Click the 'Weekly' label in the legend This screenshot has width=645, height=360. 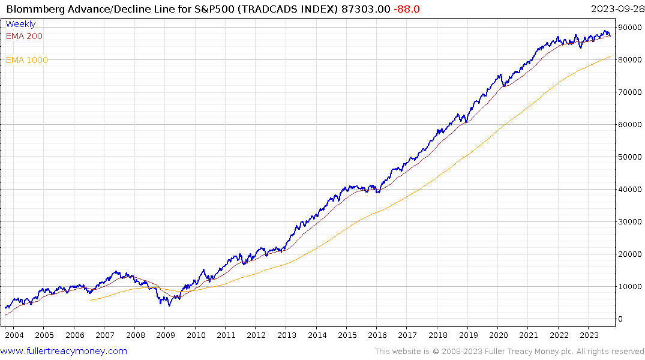[x=20, y=24]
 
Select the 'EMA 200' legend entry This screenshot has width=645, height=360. [x=24, y=36]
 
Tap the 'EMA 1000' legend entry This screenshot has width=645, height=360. [x=26, y=60]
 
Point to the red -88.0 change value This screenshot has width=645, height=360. [x=407, y=9]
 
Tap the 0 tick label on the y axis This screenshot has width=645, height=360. [x=620, y=319]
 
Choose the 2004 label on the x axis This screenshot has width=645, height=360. [x=14, y=335]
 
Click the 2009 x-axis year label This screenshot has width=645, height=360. [x=165, y=335]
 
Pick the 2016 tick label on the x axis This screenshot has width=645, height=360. [x=377, y=335]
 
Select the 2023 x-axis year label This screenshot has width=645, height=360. [x=589, y=335]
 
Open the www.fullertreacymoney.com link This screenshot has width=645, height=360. [x=64, y=351]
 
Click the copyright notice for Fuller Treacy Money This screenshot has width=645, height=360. [x=509, y=352]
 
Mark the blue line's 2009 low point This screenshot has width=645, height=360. [x=169, y=305]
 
